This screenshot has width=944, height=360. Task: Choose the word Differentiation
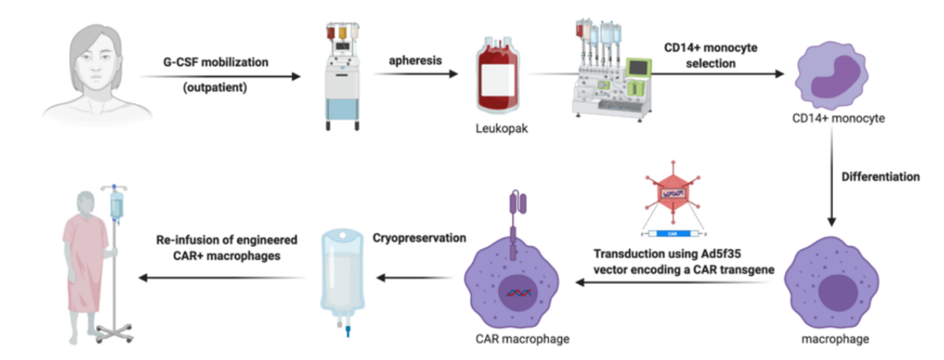pyautogui.click(x=879, y=177)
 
